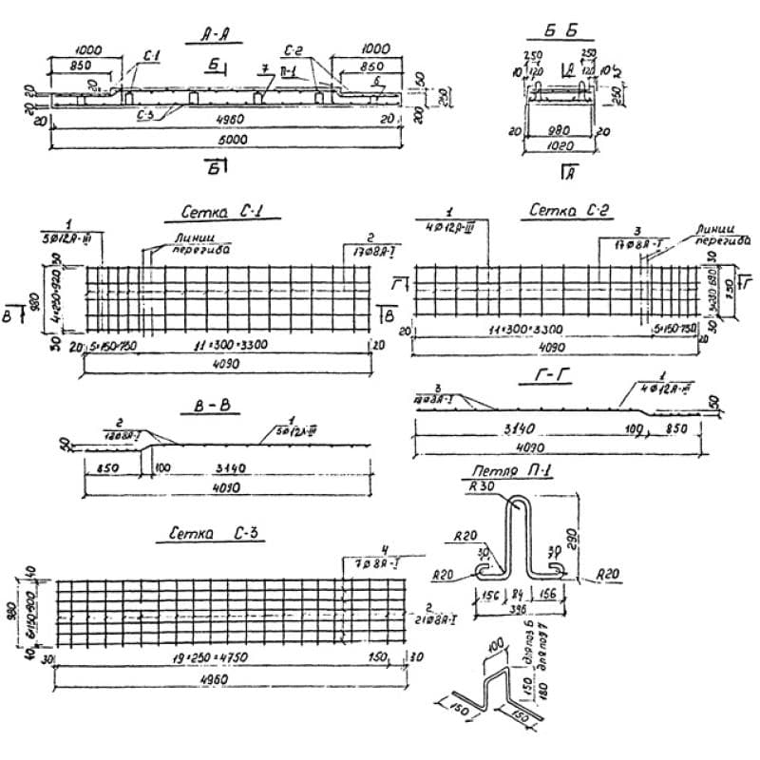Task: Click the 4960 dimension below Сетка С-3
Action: (219, 677)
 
